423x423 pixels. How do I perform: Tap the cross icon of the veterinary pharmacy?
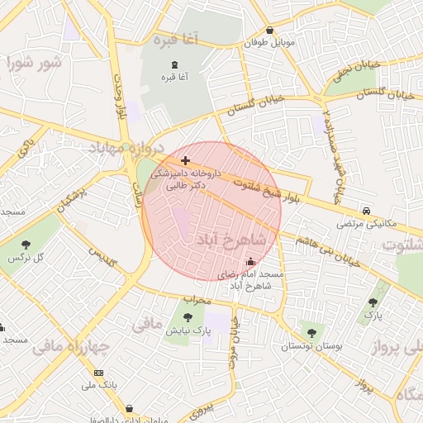click(x=184, y=159)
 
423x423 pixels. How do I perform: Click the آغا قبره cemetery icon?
click(x=173, y=64)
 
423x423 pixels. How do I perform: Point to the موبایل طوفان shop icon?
click(x=270, y=31)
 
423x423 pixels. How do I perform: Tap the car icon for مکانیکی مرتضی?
click(x=366, y=211)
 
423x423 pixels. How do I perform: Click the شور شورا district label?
click(x=34, y=63)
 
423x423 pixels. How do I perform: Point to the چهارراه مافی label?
click(x=66, y=347)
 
